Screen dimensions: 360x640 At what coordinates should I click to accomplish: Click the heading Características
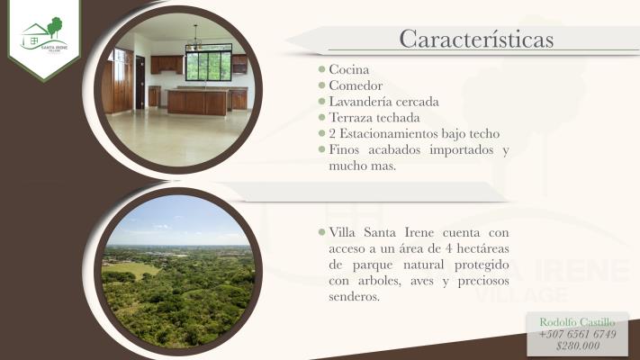coord(475,40)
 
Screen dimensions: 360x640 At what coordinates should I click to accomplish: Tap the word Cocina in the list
coord(349,69)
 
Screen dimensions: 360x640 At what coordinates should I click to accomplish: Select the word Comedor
coord(355,85)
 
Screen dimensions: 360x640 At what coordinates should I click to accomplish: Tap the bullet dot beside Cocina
coord(321,69)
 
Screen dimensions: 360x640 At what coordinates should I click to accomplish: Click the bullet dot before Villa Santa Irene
coord(321,233)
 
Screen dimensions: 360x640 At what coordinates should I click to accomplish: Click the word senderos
coord(355,297)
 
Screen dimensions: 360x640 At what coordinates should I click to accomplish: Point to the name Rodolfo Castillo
coord(577,321)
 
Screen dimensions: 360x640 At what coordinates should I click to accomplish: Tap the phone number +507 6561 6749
coord(577,334)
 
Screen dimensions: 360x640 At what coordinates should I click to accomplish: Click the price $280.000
coord(577,346)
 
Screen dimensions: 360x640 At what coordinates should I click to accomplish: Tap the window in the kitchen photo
coord(208,64)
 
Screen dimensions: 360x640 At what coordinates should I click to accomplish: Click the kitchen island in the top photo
coord(197,102)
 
